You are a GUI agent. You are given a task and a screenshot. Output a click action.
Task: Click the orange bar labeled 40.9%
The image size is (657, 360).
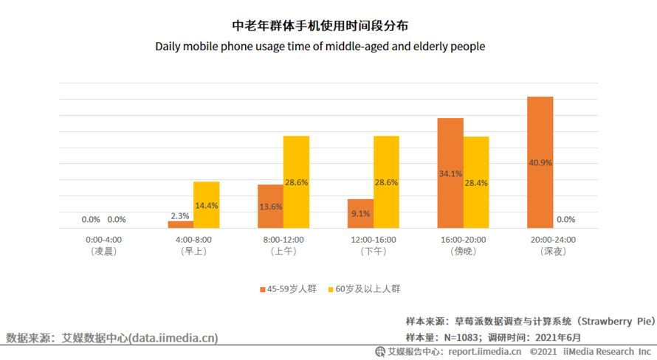[540, 162]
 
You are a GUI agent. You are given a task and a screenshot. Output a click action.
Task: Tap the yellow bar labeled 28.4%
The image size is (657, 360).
[476, 182]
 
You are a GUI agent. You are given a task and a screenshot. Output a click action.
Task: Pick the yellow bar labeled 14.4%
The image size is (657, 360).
[207, 205]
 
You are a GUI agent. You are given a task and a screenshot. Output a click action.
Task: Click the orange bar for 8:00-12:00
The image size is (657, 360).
[270, 207]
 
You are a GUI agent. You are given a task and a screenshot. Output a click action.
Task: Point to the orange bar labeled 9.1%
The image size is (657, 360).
[360, 213]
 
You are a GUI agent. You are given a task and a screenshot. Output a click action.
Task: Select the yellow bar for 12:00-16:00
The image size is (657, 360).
[386, 182]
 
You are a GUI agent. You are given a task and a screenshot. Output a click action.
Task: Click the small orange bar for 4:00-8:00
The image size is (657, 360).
[180, 224]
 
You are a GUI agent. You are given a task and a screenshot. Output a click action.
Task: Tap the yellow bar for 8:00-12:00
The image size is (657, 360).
[296, 182]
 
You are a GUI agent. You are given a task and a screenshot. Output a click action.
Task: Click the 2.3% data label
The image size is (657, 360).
[180, 215]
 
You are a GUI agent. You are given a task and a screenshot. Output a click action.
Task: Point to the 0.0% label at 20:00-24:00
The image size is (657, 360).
[565, 219]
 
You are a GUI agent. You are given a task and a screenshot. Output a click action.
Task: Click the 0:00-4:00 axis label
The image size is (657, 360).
[104, 239]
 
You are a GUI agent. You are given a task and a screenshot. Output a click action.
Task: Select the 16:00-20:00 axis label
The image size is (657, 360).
[463, 239]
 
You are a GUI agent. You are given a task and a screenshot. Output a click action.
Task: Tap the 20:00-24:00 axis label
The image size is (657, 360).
[553, 239]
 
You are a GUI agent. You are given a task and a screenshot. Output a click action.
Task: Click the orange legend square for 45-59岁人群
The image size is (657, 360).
[262, 289]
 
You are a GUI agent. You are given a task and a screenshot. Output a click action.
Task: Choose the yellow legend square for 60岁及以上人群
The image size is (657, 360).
[330, 289]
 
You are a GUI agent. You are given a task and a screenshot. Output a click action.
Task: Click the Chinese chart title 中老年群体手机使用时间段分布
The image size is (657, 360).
[320, 27]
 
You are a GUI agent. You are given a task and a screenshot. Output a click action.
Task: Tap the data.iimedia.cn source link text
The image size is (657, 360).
[173, 338]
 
